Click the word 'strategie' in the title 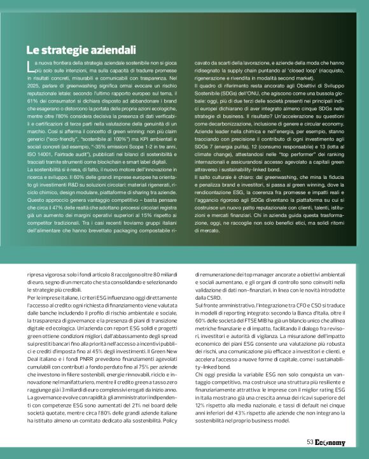pyautogui.click(x=64, y=49)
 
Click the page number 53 pyautogui.click(x=310, y=442)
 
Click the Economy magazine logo pyautogui.click(x=330, y=442)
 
